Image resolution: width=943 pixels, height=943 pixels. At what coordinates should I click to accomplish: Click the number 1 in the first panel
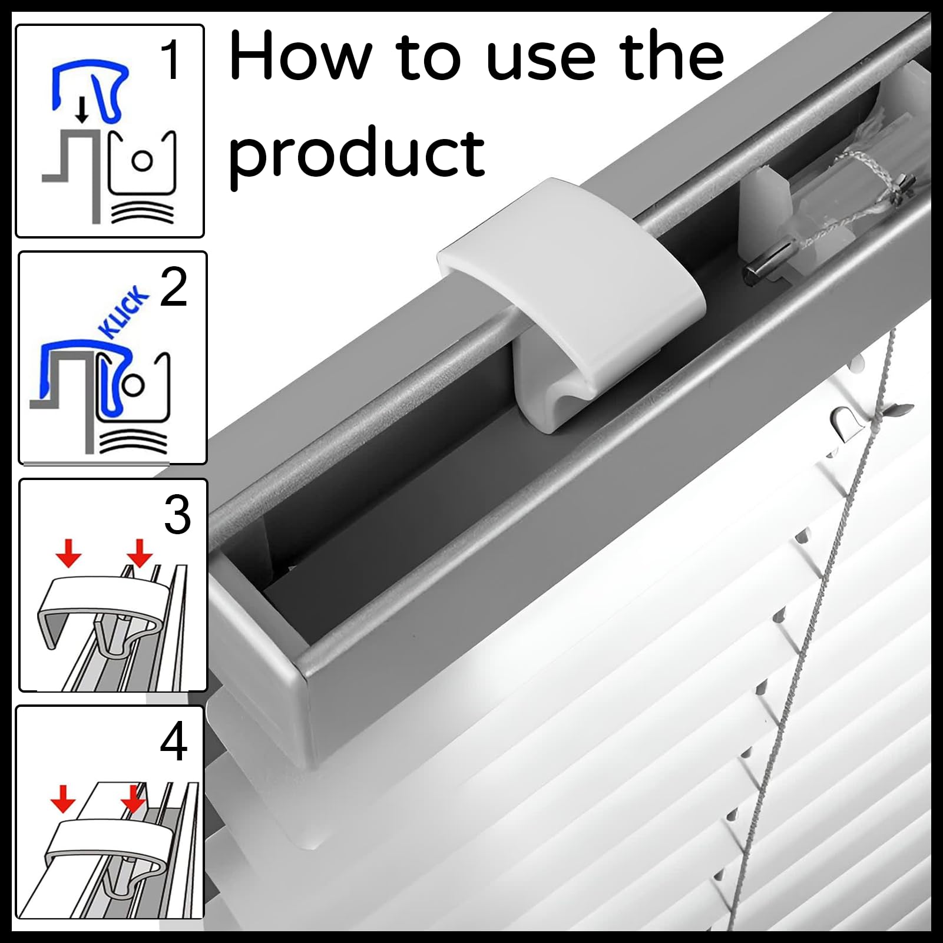171,60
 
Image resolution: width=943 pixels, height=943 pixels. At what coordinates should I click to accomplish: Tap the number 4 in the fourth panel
173,742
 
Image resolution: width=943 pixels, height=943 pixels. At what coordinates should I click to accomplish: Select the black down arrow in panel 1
82,110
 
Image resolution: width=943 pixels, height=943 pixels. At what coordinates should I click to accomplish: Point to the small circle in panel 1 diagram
143,161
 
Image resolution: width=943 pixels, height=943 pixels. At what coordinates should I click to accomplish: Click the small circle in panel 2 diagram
134,385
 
